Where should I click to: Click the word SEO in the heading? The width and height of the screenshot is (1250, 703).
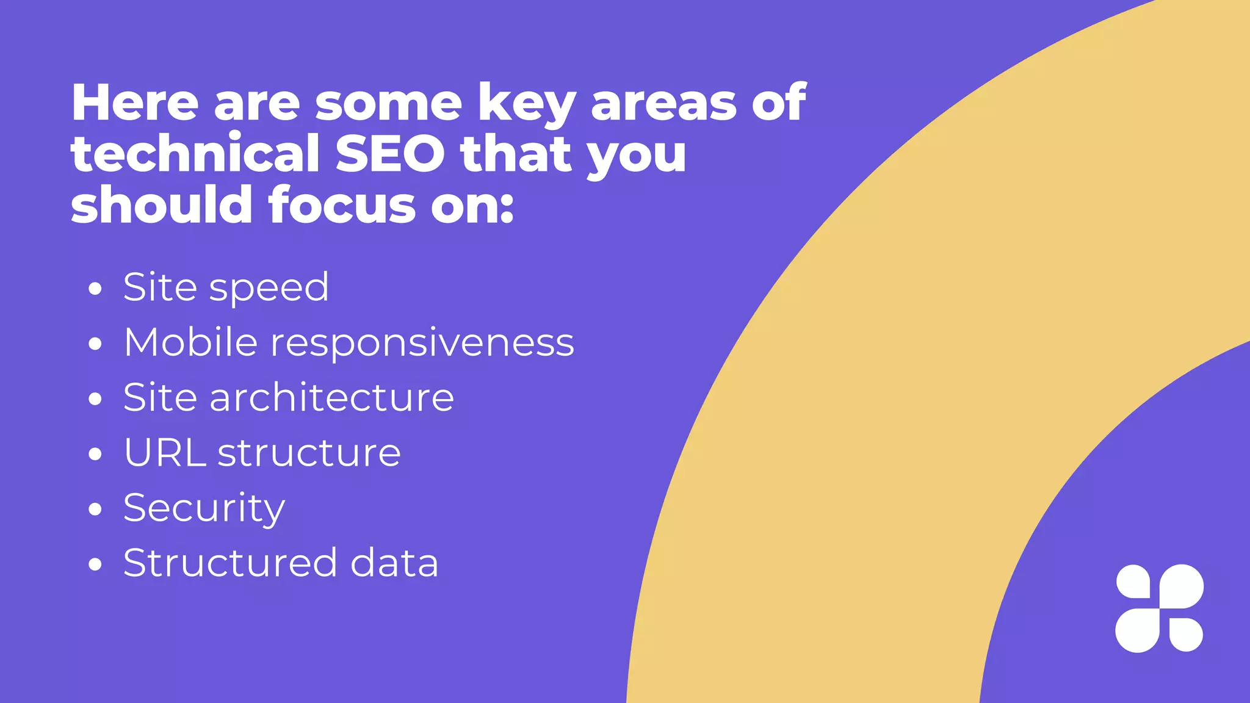(x=390, y=154)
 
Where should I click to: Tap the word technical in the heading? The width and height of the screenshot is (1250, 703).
(x=195, y=154)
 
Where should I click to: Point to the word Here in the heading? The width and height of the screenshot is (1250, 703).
(x=135, y=103)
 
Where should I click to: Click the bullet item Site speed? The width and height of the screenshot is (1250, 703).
(x=226, y=287)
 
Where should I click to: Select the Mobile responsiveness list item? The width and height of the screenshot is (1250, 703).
(x=349, y=342)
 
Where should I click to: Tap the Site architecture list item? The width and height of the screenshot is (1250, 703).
(x=289, y=397)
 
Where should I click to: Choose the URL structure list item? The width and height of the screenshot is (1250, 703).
(x=262, y=453)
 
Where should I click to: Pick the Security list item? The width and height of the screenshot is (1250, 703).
(x=204, y=508)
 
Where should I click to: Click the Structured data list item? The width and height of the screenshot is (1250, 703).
(x=281, y=563)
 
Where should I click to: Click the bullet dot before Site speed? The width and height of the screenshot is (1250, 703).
(x=95, y=289)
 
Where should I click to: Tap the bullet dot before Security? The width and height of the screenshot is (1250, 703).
(x=95, y=510)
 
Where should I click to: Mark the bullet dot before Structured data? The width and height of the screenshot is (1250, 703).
(x=95, y=564)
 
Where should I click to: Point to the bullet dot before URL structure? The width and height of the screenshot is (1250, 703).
(x=95, y=454)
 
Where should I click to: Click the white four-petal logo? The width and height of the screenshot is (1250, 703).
(x=1159, y=608)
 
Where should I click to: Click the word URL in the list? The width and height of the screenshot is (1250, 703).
(x=164, y=453)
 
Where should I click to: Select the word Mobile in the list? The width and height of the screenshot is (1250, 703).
(x=190, y=342)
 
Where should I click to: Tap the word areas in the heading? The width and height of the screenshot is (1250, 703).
(x=663, y=103)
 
